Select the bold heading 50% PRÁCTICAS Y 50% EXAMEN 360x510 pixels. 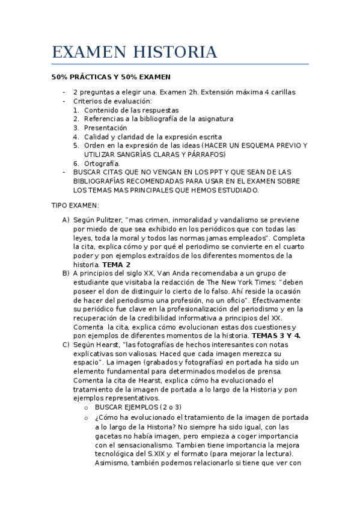pos(111,77)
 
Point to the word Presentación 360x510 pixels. pos(106,128)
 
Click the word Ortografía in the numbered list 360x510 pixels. pos(102,164)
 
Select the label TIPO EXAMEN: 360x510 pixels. pos(75,205)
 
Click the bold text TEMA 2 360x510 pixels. pos(117,265)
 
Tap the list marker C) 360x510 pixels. pos(66,345)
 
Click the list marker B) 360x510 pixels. pos(66,274)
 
